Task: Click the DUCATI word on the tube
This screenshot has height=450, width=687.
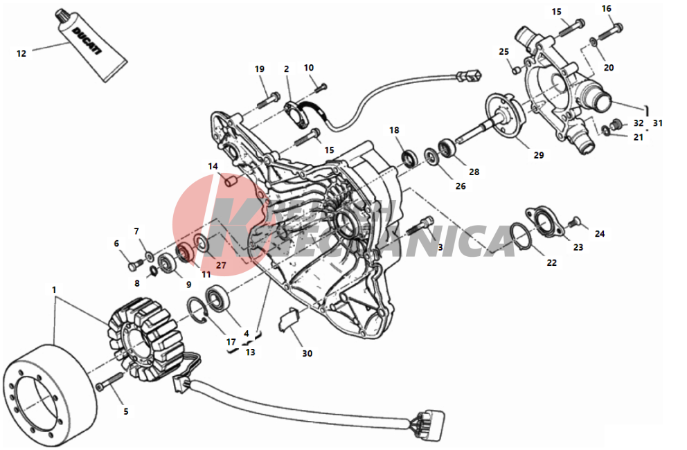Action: click(x=87, y=41)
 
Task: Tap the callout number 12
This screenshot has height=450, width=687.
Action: click(x=21, y=53)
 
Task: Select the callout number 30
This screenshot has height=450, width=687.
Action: click(x=307, y=353)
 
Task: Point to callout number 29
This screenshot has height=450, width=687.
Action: click(x=539, y=154)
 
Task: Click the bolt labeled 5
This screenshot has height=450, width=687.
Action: click(x=110, y=380)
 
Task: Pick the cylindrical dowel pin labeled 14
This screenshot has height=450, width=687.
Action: click(x=231, y=181)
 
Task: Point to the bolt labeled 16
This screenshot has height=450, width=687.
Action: click(x=609, y=32)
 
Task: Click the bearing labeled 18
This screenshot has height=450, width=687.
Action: click(x=411, y=158)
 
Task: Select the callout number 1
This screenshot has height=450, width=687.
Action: click(x=54, y=289)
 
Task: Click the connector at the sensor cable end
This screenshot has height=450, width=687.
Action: click(x=470, y=77)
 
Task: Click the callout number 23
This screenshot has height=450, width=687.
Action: click(x=578, y=247)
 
